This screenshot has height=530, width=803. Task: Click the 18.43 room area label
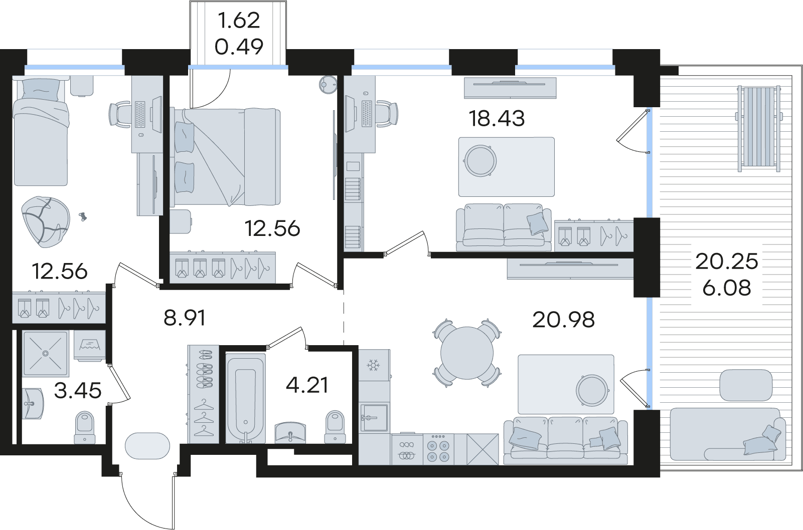pyautogui.click(x=497, y=119)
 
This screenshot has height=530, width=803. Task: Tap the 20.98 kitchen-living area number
pyautogui.click(x=564, y=320)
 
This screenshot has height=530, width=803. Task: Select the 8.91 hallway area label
pyautogui.click(x=185, y=318)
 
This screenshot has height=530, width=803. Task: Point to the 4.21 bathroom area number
pyautogui.click(x=307, y=385)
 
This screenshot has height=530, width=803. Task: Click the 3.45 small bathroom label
pyautogui.click(x=78, y=391)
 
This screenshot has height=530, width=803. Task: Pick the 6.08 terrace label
pyautogui.click(x=727, y=288)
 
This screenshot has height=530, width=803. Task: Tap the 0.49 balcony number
pyautogui.click(x=239, y=47)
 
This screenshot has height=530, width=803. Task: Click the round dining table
pyautogui.click(x=467, y=353)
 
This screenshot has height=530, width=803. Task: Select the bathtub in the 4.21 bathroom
pyautogui.click(x=246, y=398)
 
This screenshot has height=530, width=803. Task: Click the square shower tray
pyautogui.click(x=45, y=354)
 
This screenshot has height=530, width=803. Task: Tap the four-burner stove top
pyautogui.click(x=438, y=449)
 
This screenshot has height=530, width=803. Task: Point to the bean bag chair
pyautogui.click(x=46, y=222)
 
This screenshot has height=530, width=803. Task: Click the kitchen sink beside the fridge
pyautogui.click(x=374, y=418)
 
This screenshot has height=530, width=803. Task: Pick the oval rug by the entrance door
pyautogui.click(x=147, y=446)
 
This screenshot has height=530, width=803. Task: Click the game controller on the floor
pyautogui.click(x=83, y=216)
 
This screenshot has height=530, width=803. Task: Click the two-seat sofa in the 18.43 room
pyautogui.click(x=504, y=227)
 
